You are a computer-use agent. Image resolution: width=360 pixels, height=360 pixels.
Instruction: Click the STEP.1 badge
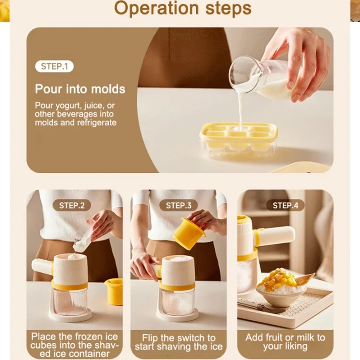pos(54,67)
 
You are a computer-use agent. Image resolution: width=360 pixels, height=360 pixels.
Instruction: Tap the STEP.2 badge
pos(72,206)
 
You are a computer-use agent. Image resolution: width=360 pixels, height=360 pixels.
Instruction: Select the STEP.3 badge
pos(178,206)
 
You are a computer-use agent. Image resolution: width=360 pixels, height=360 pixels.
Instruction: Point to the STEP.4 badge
pos(285,206)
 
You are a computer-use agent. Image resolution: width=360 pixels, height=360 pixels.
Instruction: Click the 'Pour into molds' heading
pos(80,88)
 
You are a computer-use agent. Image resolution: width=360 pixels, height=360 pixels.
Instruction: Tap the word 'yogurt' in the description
pos(73,106)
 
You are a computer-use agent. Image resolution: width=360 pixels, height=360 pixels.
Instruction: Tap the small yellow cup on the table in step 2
pos(114,290)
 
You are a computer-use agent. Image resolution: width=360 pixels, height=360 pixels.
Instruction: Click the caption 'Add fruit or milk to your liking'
pos(285,342)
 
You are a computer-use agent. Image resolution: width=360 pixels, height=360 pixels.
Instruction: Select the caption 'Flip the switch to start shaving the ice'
pos(179,342)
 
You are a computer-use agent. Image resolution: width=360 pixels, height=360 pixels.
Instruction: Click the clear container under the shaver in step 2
pos(69,300)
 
